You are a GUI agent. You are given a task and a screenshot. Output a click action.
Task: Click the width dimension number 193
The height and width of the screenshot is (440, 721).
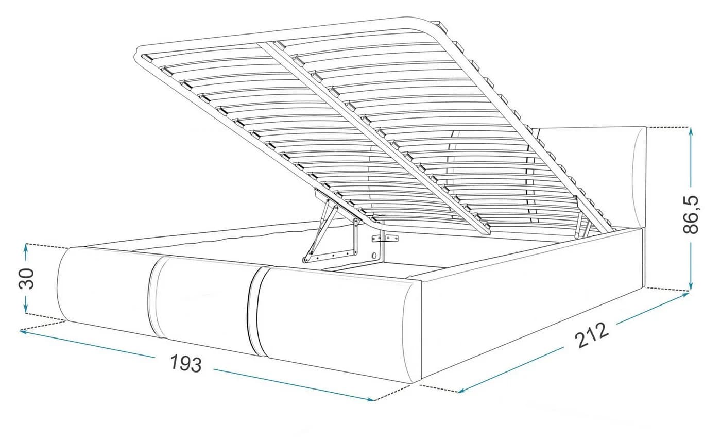coord(186,364)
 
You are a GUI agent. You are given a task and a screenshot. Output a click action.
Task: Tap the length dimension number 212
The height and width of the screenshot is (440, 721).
coord(592,335)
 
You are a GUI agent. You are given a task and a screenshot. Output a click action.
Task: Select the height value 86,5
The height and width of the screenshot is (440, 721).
coord(691,214)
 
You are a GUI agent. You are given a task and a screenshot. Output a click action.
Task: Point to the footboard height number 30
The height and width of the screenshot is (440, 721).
coord(26,278)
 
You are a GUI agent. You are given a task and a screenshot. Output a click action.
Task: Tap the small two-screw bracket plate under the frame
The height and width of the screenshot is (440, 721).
coord(385,239)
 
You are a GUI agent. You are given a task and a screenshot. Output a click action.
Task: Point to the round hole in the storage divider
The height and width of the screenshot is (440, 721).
coord(375,255)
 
